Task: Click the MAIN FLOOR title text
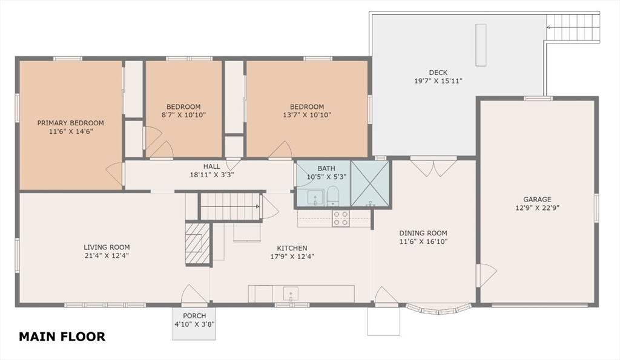(62, 336)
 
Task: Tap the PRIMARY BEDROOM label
(71, 123)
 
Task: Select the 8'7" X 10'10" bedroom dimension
(183, 115)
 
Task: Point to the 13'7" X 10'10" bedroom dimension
(307, 115)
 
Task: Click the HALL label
(211, 166)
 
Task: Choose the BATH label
(326, 168)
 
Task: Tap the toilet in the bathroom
(333, 196)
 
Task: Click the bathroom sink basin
(315, 197)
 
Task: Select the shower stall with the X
(370, 183)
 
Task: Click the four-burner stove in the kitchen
(340, 218)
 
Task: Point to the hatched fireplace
(197, 243)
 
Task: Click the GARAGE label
(537, 200)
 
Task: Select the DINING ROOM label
(423, 233)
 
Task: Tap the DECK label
(438, 73)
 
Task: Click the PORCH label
(194, 316)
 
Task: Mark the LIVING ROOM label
(107, 247)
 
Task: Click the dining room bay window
(439, 309)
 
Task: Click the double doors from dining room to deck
(434, 166)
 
